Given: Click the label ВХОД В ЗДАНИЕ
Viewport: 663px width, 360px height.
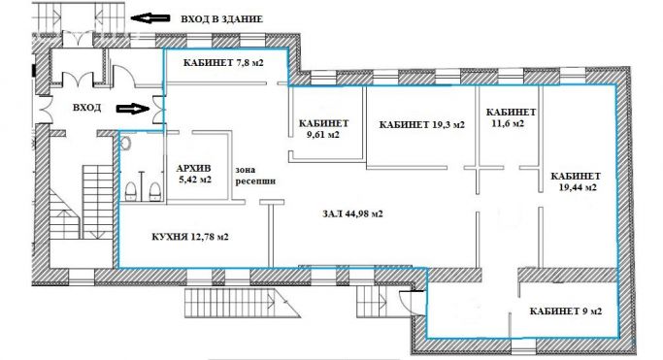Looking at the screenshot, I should point(228,18).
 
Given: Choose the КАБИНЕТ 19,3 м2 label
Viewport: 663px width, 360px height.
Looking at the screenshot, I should point(421,124).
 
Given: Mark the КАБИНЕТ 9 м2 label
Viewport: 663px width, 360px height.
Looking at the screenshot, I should point(565,311).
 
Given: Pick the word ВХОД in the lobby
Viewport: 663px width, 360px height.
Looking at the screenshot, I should point(86,108).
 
